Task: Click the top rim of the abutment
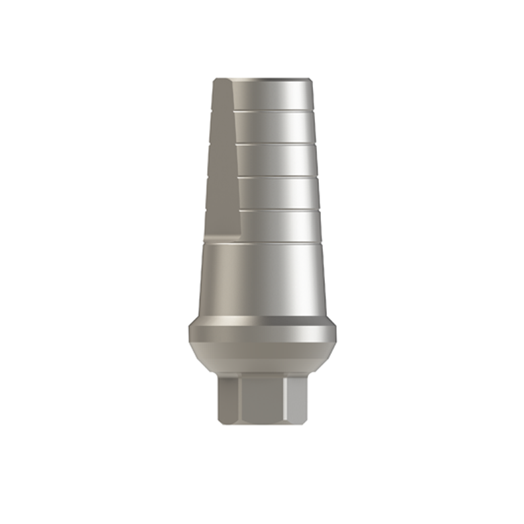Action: [x=262, y=80]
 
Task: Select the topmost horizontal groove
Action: [x=275, y=111]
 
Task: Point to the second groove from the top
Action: [x=275, y=143]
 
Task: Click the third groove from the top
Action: [x=275, y=177]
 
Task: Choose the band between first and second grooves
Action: [x=275, y=128]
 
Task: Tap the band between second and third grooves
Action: [x=275, y=160]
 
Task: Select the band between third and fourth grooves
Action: [x=275, y=194]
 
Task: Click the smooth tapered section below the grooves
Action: [x=262, y=278]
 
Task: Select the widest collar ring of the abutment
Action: [x=262, y=331]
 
